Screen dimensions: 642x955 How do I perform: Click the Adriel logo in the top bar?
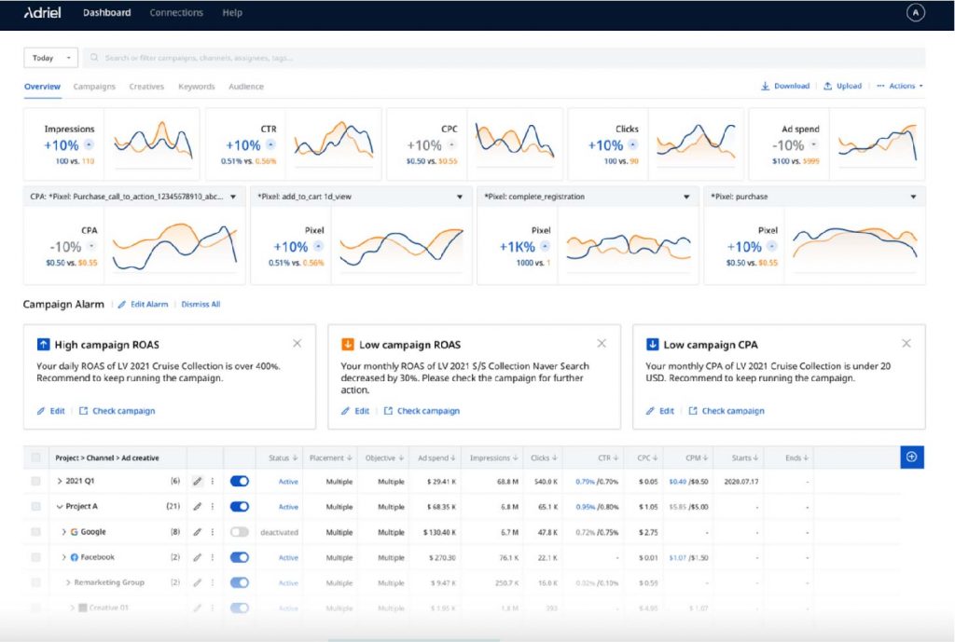coord(44,13)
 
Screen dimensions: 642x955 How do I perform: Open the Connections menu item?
coord(175,13)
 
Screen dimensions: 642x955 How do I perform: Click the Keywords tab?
coord(196,87)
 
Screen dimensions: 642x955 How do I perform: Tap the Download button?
coord(785,86)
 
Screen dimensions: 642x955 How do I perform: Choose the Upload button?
coord(842,86)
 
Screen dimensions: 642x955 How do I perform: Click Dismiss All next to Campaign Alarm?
coord(201,304)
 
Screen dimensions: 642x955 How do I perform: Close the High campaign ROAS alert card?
coord(297,344)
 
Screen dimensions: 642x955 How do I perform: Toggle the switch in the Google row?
coord(240,531)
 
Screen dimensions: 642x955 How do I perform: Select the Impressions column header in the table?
coord(491,458)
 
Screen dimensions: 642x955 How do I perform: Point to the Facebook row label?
coord(97,557)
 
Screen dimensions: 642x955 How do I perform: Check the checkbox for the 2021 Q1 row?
coord(36,481)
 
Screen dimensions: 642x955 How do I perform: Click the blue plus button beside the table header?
coord(911,457)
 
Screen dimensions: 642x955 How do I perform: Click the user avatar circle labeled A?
coord(915,13)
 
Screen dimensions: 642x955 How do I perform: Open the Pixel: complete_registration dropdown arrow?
coord(686,197)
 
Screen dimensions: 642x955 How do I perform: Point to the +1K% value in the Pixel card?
coord(516,247)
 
